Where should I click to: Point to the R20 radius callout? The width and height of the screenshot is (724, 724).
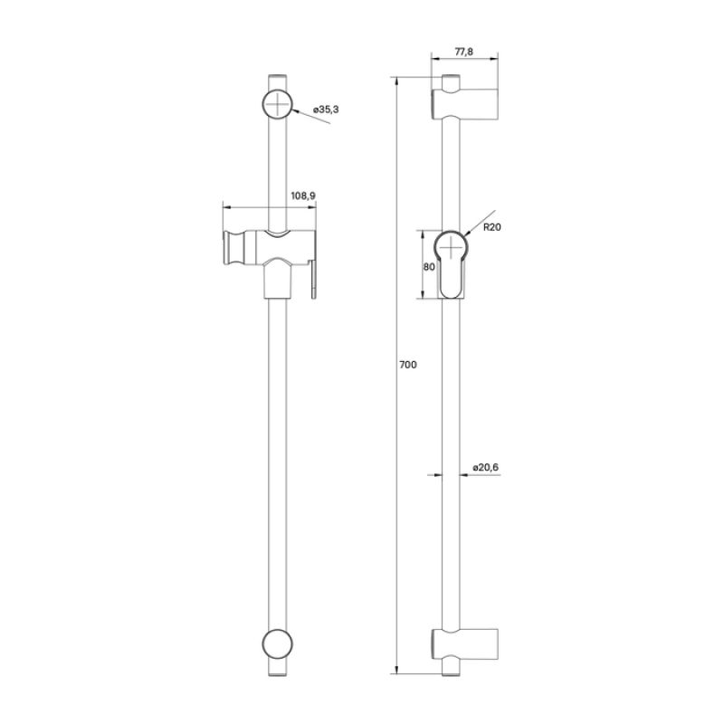click(x=492, y=227)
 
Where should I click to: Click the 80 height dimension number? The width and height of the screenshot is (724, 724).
click(x=429, y=266)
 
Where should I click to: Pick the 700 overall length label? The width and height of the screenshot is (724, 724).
click(x=407, y=365)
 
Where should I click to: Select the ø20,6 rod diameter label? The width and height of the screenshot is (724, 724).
click(x=486, y=468)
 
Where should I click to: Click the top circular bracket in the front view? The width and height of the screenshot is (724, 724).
click(x=279, y=104)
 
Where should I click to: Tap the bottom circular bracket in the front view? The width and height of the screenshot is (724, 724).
click(x=278, y=649)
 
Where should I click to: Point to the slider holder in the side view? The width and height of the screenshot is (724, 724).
click(x=452, y=263)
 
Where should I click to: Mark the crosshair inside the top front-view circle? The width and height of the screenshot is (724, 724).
click(x=279, y=104)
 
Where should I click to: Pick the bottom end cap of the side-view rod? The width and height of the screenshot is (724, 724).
click(x=451, y=671)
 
